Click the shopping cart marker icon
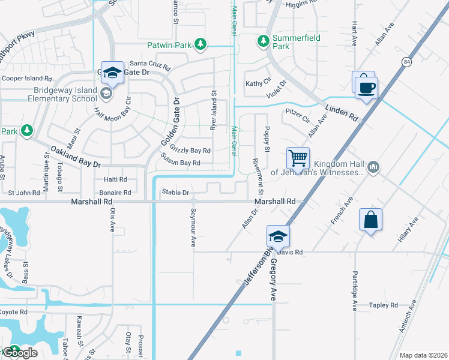coord(298,159)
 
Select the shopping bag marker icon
coord(371,219)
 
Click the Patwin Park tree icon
coord(200,44)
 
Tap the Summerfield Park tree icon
coord(263,41)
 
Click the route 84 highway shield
coord(407,62)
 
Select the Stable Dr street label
coord(176,193)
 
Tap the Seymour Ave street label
coord(193,228)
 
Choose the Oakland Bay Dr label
coord(75,157)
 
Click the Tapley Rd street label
coord(384,305)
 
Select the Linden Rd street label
coord(342,113)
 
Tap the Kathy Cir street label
coord(258,83)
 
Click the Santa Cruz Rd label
coord(151,63)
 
